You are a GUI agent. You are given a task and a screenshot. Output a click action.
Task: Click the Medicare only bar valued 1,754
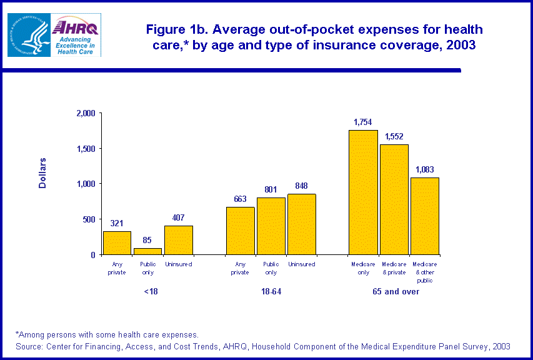click(363, 192)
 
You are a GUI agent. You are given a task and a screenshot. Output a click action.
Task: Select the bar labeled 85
click(147, 251)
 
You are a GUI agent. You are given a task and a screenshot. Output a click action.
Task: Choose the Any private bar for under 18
click(117, 242)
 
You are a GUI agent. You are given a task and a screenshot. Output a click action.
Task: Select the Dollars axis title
click(42, 172)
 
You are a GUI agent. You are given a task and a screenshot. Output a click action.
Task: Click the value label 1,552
click(394, 136)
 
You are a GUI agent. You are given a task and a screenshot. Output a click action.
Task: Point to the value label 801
click(271, 189)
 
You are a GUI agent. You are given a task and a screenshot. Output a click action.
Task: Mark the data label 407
click(178, 217)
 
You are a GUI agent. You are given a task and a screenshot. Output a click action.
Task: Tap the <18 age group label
click(147, 292)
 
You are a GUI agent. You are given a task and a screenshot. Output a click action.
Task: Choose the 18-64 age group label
click(271, 292)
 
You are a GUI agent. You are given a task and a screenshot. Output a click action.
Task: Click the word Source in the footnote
click(28, 346)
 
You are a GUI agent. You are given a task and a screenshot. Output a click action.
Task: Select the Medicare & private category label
click(394, 268)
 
